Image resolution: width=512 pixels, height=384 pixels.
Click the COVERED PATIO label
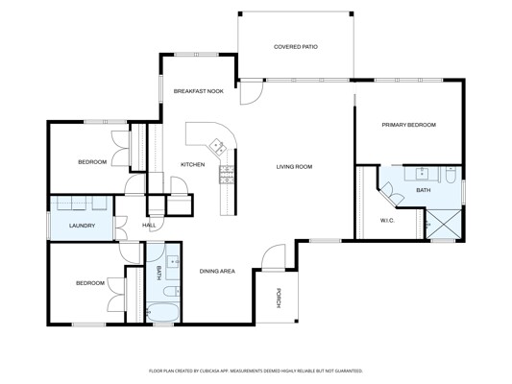coord(296,47)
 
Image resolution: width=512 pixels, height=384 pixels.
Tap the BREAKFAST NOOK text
coord(199,91)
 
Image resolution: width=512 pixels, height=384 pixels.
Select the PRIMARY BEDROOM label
coord(409,125)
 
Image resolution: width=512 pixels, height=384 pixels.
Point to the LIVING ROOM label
coord(294,167)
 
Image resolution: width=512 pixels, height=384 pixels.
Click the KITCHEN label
coord(193,164)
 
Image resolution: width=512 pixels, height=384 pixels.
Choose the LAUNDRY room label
coord(82,226)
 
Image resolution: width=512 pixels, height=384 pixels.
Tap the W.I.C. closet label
coord(387,221)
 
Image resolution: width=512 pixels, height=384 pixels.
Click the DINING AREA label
coord(217,271)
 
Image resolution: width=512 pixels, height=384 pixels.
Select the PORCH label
coord(279,298)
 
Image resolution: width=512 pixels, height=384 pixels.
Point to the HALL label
coord(149,225)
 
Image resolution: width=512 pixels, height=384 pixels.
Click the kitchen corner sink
coord(217,147)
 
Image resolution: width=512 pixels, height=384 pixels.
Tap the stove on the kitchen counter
coord(227,175)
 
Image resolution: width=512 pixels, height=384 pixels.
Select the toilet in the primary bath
coord(451,175)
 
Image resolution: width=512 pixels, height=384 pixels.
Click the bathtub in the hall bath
coord(162,313)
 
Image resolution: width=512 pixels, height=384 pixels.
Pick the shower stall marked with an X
coord(444,225)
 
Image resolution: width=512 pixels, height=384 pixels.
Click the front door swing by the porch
coord(274,257)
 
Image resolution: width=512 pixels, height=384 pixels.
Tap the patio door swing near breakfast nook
coord(252,93)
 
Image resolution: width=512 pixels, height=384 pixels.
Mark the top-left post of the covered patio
coord(240,13)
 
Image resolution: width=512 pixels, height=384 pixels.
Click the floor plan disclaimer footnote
coord(256,371)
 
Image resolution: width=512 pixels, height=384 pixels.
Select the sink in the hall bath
coord(173,261)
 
